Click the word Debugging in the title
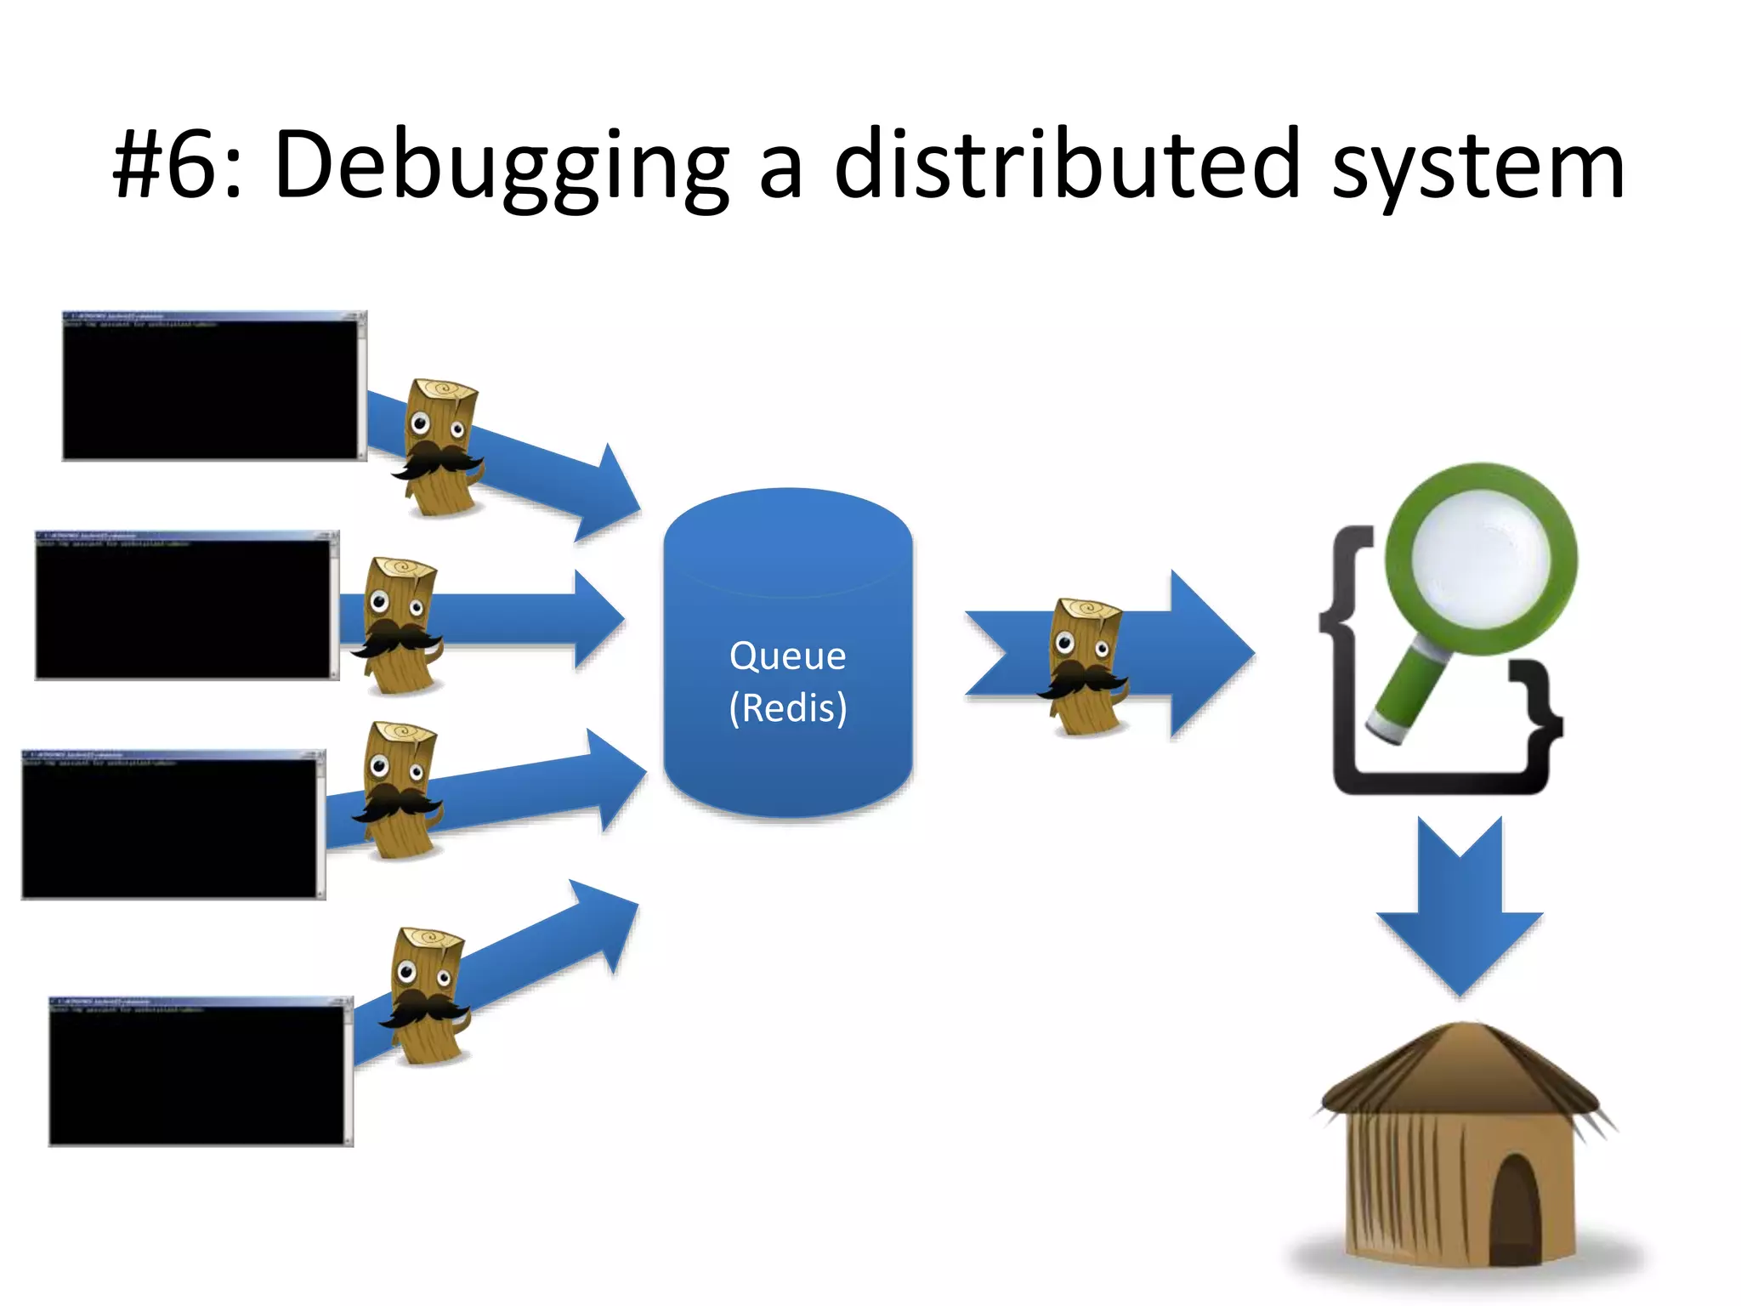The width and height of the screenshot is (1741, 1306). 502,166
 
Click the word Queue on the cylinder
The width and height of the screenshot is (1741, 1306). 787,656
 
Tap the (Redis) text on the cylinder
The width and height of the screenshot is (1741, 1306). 788,708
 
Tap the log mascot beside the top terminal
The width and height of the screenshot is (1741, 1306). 439,446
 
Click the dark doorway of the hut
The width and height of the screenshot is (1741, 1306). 1515,1207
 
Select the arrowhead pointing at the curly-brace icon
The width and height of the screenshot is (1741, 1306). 1211,653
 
